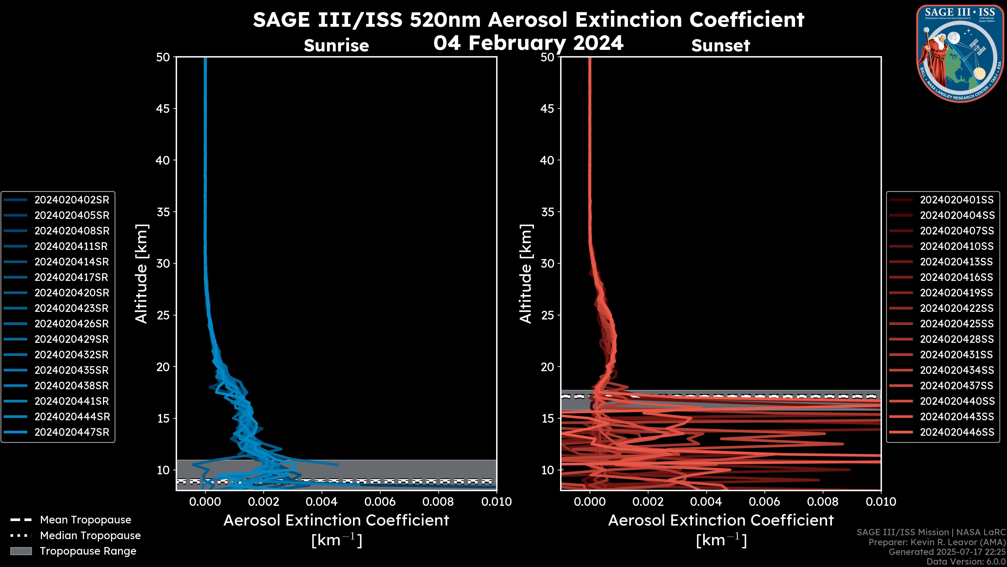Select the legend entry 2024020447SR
[72, 432]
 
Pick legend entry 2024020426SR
[72, 324]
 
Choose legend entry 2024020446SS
[957, 432]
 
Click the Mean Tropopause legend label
[85, 520]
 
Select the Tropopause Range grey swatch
[21, 551]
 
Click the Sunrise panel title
[336, 46]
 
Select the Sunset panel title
[720, 46]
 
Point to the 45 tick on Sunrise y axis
[163, 108]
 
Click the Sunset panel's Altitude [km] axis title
[526, 274]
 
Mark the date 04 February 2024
[528, 43]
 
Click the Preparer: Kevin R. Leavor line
[937, 542]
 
